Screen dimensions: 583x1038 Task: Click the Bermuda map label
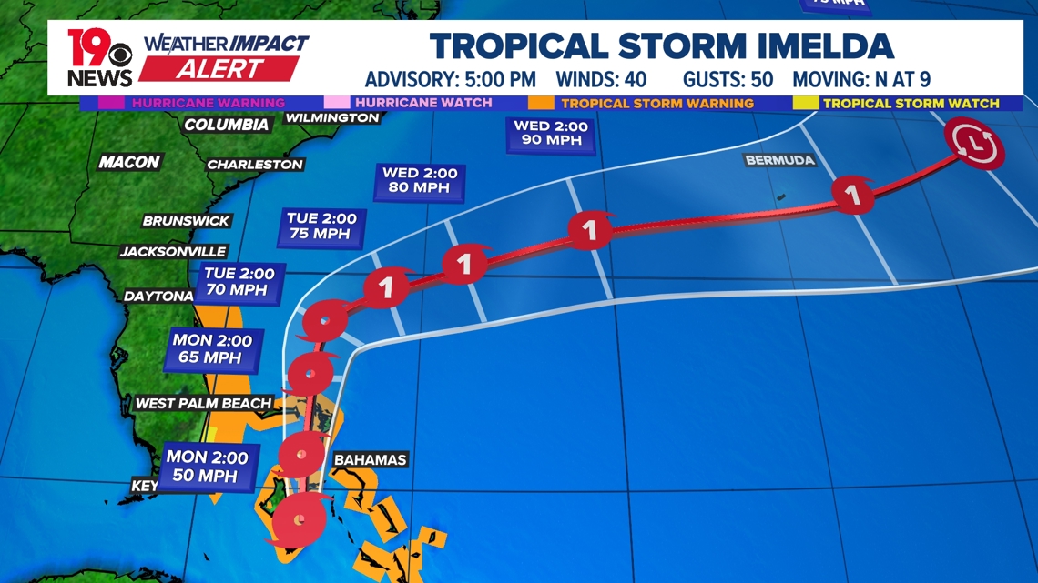779,160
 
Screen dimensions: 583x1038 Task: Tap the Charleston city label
254,165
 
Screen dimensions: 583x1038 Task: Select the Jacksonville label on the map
173,251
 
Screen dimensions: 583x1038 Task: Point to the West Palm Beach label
203,403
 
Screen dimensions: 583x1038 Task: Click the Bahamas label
370,459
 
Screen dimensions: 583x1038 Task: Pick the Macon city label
129,162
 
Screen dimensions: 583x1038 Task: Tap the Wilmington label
331,118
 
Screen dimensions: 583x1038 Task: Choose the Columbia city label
226,125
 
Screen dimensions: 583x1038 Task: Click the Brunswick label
186,221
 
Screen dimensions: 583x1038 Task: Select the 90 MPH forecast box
551,134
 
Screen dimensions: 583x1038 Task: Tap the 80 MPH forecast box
420,180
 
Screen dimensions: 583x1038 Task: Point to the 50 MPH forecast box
207,467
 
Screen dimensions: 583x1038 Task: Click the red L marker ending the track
974,144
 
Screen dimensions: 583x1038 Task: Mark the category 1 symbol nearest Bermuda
852,195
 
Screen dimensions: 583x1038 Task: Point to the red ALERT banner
220,69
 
